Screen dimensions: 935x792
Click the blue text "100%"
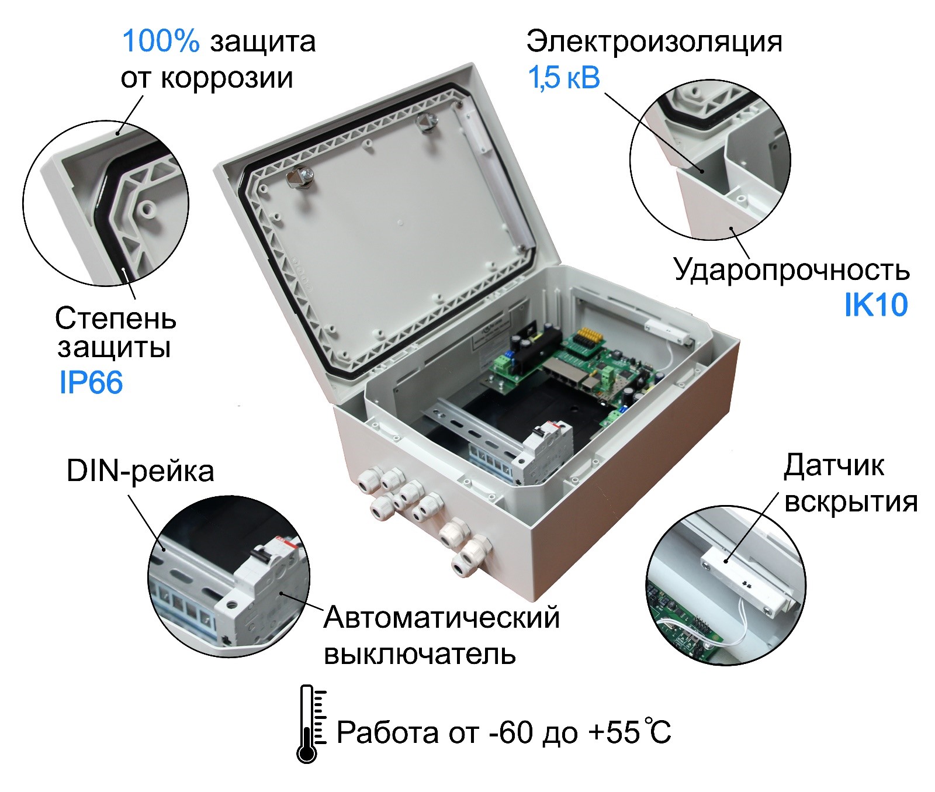[x=161, y=41]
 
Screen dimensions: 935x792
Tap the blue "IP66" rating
[x=91, y=383]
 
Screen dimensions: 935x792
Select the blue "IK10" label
[x=876, y=305]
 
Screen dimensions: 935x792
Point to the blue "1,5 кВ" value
[x=564, y=78]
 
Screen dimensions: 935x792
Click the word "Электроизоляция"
[x=654, y=41]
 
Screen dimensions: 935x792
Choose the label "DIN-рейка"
[x=140, y=471]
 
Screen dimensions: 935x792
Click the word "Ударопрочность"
[x=792, y=269]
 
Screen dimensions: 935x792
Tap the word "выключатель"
[x=420, y=654]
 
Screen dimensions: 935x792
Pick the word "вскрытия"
[x=851, y=502]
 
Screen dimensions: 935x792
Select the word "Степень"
[x=116, y=319]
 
